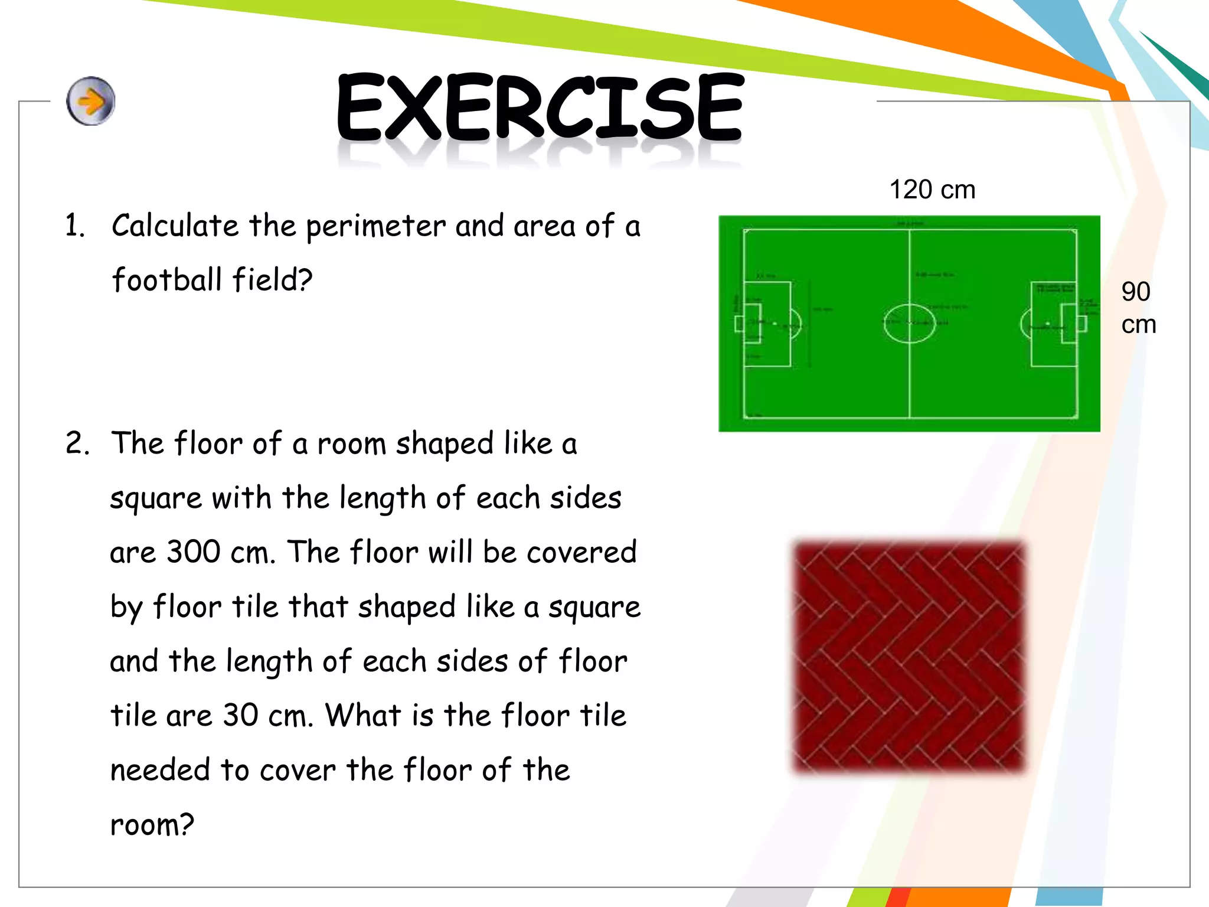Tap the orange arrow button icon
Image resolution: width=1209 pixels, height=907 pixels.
(90, 101)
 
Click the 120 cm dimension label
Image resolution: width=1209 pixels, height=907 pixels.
(932, 190)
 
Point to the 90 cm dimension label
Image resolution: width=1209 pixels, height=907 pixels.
(1138, 308)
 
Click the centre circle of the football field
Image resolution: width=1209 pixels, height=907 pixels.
(909, 323)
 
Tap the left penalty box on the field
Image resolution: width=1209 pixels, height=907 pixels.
(766, 324)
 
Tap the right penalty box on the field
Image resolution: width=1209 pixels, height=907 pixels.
(1054, 324)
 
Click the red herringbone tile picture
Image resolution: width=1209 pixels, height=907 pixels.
(909, 655)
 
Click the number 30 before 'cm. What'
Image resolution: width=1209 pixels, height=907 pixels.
(240, 716)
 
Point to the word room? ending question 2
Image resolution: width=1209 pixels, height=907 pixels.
(152, 825)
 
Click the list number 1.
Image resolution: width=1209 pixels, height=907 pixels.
(74, 226)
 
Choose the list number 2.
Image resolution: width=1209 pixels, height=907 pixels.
(77, 443)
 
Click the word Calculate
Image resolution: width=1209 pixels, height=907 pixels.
(175, 226)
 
